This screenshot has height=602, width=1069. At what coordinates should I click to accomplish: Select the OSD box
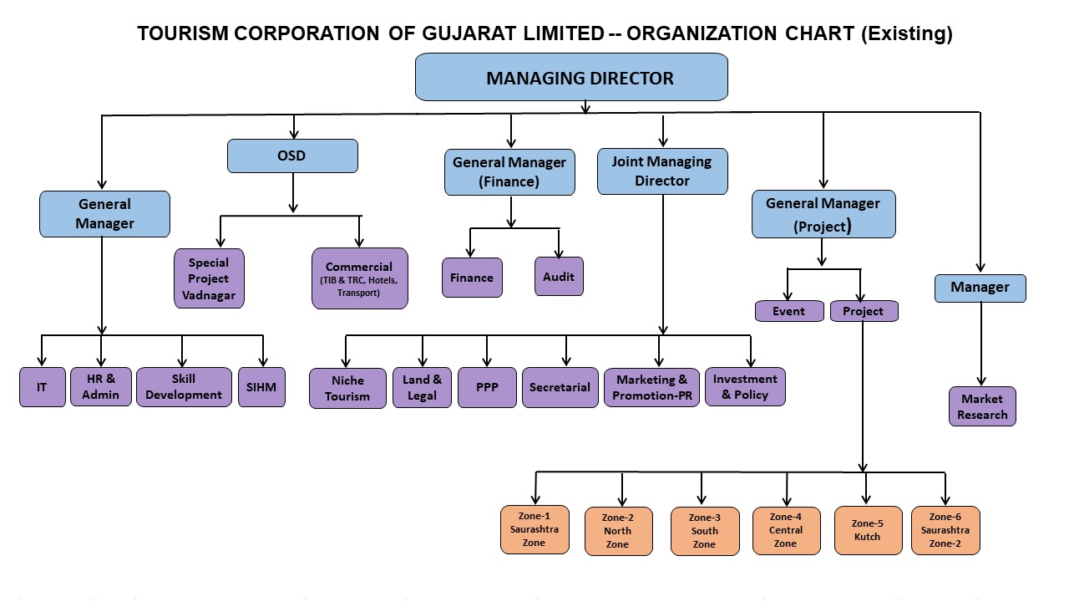tap(292, 156)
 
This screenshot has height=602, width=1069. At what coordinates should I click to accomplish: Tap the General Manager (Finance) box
tap(509, 171)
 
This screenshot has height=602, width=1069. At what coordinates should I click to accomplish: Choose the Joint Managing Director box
tap(662, 171)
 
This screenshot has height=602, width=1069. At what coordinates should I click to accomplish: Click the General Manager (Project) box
tap(823, 214)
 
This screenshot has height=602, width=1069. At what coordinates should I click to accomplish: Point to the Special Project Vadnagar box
tap(209, 278)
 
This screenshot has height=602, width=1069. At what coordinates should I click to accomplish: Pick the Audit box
tap(559, 277)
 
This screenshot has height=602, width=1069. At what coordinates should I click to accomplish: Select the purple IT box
tap(42, 387)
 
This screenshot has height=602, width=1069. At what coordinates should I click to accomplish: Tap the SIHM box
tap(261, 387)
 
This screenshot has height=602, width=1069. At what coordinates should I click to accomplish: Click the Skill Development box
tap(184, 386)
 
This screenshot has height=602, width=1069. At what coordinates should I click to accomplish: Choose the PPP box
tap(487, 387)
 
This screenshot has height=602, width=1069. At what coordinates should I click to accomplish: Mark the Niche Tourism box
tap(347, 388)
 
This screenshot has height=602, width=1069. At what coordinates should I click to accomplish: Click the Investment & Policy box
tap(745, 386)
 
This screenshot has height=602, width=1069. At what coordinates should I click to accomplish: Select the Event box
tap(788, 311)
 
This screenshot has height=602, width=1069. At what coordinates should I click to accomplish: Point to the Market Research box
tap(982, 406)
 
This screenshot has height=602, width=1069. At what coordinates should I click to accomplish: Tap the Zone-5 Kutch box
tap(868, 530)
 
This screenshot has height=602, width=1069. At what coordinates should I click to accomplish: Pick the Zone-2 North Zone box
tap(618, 531)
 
